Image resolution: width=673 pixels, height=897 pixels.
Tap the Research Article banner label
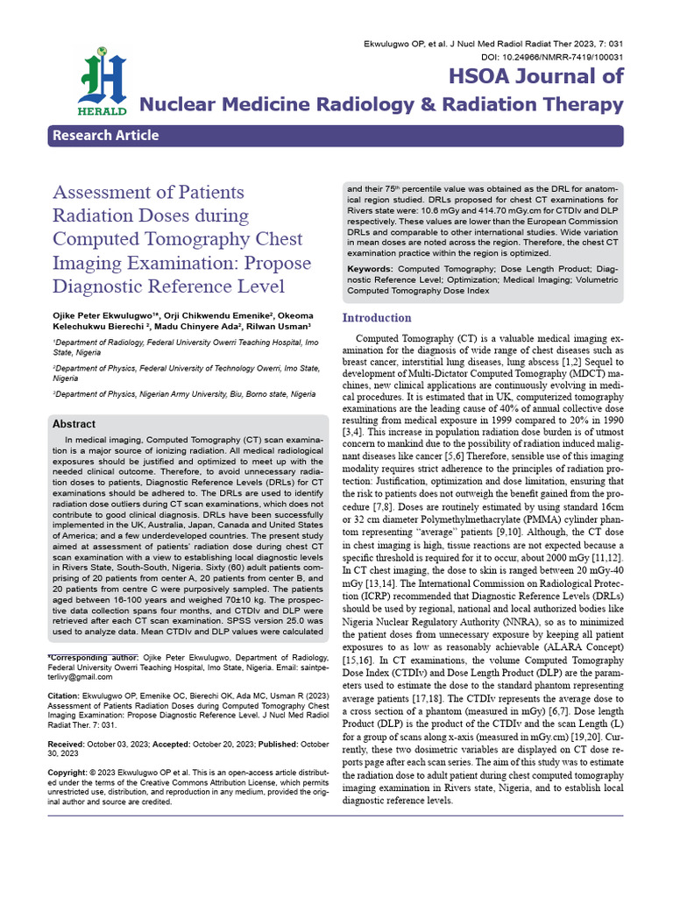point(106,135)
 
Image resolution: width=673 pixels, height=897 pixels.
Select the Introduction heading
point(376,318)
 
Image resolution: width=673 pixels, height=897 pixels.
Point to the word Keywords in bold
point(370,267)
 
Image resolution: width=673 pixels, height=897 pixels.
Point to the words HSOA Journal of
point(535,75)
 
